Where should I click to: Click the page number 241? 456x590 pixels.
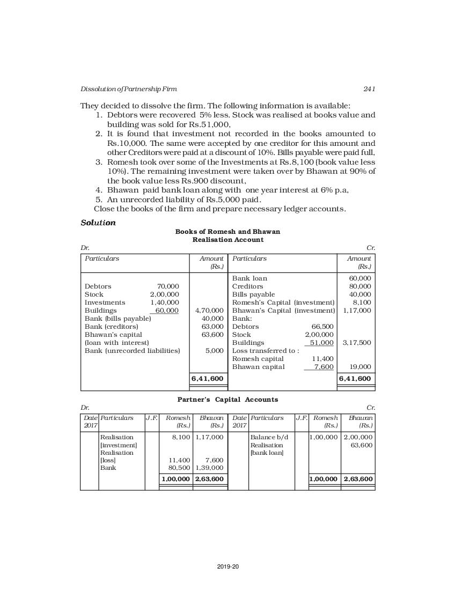(x=369, y=89)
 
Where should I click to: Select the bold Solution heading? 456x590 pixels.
(x=98, y=223)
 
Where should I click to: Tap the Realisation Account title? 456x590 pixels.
(x=227, y=240)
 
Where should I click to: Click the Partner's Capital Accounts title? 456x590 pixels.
(x=227, y=400)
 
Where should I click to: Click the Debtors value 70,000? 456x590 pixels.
(x=168, y=286)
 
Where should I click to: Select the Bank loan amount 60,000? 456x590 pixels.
(x=360, y=278)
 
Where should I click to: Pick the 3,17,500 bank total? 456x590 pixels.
(x=357, y=343)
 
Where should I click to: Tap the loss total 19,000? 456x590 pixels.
(x=360, y=367)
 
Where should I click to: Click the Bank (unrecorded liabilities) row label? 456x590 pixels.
(x=133, y=351)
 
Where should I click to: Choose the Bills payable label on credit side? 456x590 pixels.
(x=253, y=294)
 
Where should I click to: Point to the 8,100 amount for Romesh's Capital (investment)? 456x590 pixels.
(x=362, y=303)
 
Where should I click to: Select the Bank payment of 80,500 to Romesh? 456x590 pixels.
(x=179, y=468)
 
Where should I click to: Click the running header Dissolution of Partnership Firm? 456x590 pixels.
(x=128, y=89)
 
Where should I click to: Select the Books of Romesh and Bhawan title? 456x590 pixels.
(x=227, y=232)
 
